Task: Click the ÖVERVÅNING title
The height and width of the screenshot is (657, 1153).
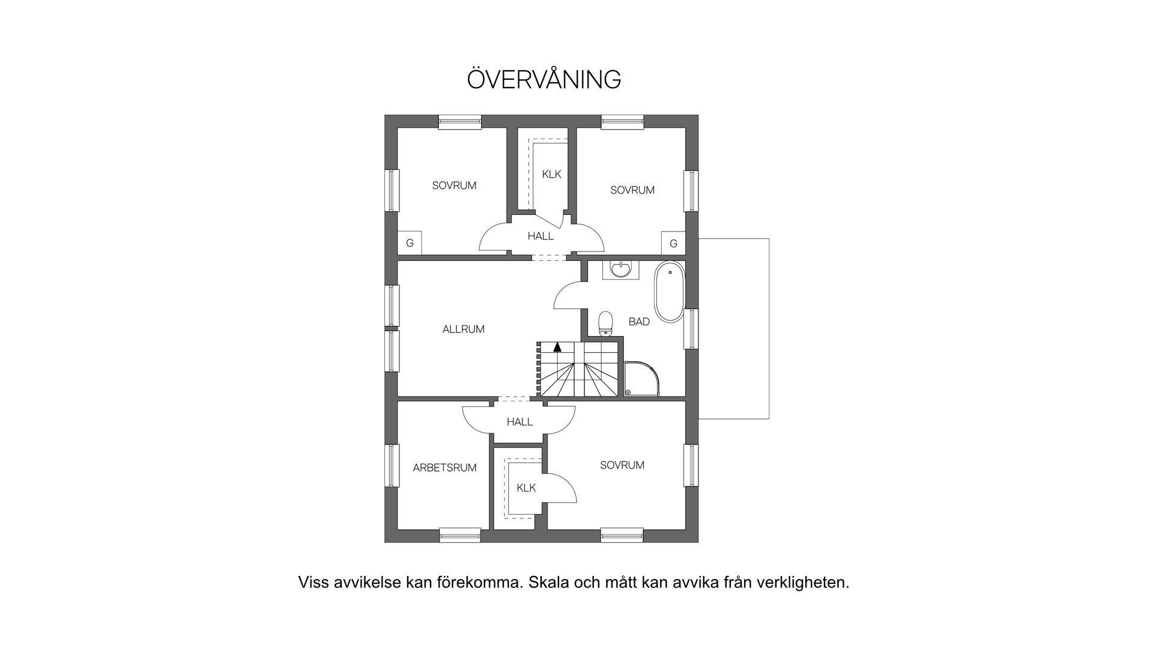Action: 543,80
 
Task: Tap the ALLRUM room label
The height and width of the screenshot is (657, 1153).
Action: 463,329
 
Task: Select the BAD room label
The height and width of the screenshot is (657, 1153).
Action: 639,322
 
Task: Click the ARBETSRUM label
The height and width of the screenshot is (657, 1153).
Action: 444,468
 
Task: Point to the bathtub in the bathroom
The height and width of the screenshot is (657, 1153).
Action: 668,292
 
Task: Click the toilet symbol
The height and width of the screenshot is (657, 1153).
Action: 606,322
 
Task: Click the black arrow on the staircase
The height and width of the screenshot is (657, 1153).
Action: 557,346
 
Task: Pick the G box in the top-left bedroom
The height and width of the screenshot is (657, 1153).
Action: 410,243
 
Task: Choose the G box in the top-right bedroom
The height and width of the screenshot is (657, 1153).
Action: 673,243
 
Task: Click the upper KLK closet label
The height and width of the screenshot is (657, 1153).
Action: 551,175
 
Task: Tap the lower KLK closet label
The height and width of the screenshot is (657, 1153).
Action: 526,488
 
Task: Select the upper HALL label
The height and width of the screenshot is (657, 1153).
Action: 540,236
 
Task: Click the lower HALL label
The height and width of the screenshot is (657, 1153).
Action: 519,422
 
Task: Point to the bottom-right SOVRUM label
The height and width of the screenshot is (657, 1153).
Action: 622,465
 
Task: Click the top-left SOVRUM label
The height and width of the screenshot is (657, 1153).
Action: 454,186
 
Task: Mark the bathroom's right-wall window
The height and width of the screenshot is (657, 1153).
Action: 692,328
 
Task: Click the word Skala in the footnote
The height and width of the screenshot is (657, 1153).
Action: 549,583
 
